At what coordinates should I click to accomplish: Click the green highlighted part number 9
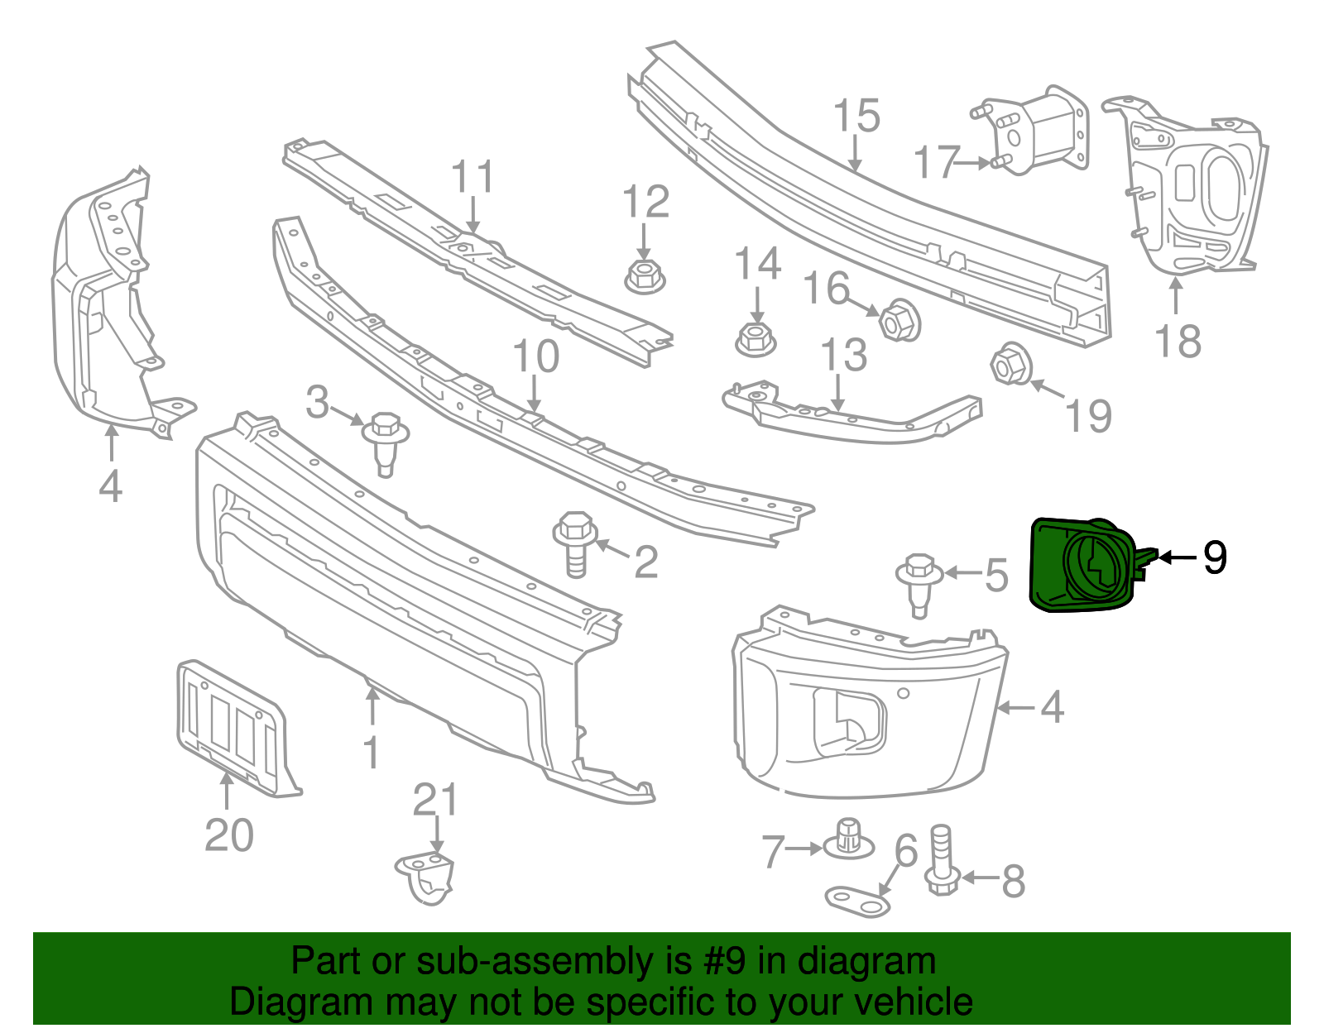pos(1084,565)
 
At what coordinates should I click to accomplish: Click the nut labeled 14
pos(755,338)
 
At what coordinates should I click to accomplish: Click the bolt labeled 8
pos(943,861)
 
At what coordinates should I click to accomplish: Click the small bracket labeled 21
pos(427,878)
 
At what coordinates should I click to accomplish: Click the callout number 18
pos(1178,340)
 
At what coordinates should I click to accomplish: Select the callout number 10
pos(535,356)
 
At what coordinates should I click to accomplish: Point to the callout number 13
pos(843,355)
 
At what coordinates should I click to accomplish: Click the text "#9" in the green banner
pos(726,962)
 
